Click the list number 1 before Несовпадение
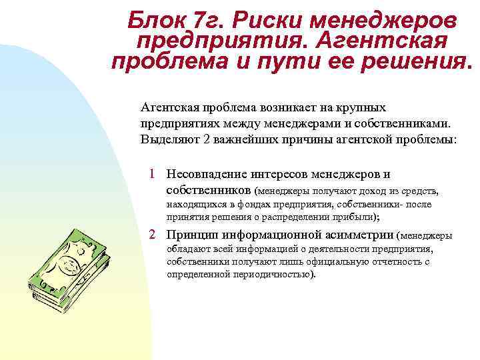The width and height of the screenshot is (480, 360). click(153, 175)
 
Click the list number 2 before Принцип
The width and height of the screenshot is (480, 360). click(153, 235)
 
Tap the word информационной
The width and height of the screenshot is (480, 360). click(273, 235)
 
